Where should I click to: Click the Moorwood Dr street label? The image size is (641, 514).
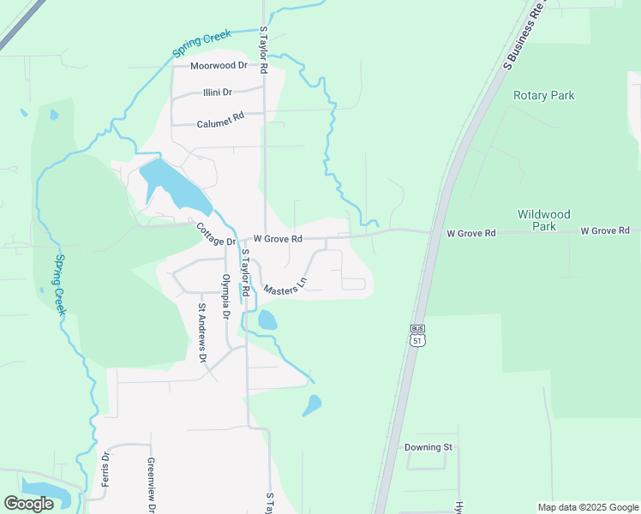click(x=219, y=65)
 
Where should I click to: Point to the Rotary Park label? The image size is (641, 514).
click(x=543, y=95)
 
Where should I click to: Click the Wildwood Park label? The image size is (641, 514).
click(x=543, y=220)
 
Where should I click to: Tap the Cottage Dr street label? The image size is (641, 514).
click(x=216, y=235)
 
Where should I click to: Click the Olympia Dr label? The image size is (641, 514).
click(x=227, y=297)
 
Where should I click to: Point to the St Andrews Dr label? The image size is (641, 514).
click(x=203, y=333)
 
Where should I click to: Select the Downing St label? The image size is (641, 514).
click(x=428, y=447)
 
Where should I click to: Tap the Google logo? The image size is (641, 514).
click(x=29, y=504)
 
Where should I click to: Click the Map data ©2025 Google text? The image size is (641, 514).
click(x=587, y=507)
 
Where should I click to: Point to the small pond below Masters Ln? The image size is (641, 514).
click(x=267, y=320)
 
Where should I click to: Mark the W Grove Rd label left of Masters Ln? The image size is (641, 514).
click(x=279, y=238)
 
